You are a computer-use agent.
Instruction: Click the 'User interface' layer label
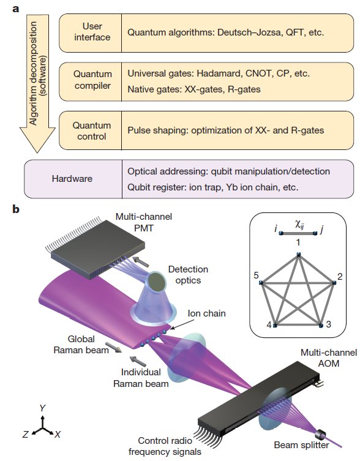92,32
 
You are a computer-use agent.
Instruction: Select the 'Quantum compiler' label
92,80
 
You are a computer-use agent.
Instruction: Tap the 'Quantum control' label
92,131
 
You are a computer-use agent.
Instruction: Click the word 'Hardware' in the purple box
72,178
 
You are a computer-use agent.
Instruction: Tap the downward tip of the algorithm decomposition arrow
37,152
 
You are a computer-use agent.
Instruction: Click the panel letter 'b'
16,209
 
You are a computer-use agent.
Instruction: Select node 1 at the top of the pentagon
299,255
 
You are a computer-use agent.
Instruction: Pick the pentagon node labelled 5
261,283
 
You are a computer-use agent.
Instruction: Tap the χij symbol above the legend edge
299,225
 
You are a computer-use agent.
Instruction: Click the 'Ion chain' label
206,313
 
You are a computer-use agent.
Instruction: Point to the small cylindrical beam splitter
320,435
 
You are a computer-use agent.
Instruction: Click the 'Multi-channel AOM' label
329,358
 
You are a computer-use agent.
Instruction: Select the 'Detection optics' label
188,275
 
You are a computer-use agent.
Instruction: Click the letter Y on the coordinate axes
43,408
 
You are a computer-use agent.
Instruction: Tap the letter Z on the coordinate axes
26,434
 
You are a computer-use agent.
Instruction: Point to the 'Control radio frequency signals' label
165,446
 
